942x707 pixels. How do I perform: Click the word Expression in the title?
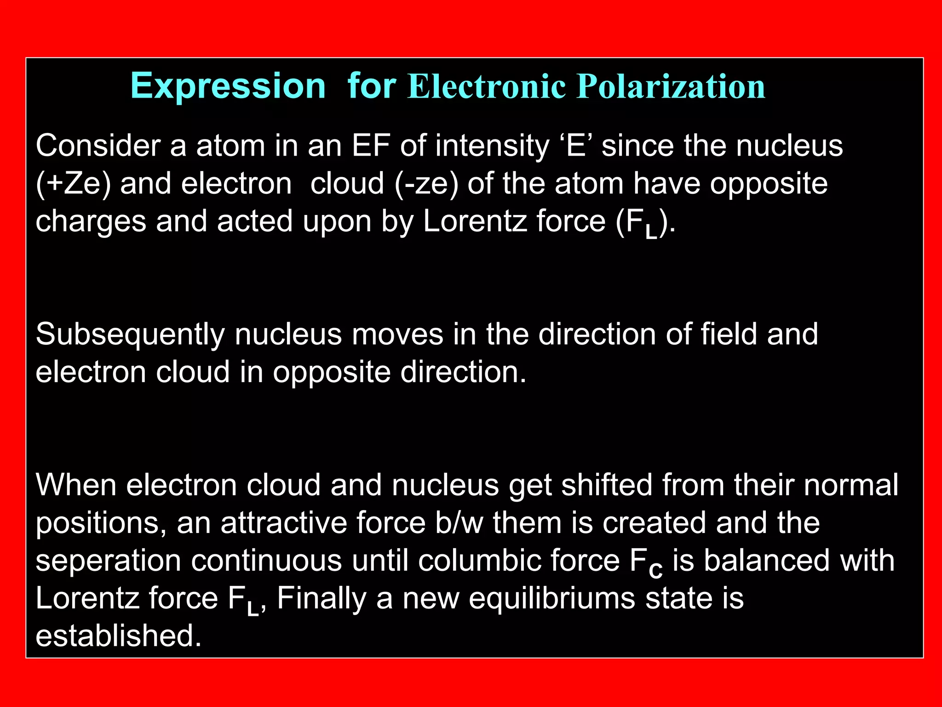coord(228,86)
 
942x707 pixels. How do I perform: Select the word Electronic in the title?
coord(487,86)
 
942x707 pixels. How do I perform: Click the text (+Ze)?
coord(74,184)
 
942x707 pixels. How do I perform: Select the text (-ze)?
coord(426,184)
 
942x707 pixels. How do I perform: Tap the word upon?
coord(337,221)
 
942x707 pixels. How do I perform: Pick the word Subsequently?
coord(130,334)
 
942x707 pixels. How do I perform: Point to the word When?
coord(76,485)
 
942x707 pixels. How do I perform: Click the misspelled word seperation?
coord(109,561)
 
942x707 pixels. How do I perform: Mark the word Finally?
coord(322,598)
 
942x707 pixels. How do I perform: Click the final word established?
coord(119,636)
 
